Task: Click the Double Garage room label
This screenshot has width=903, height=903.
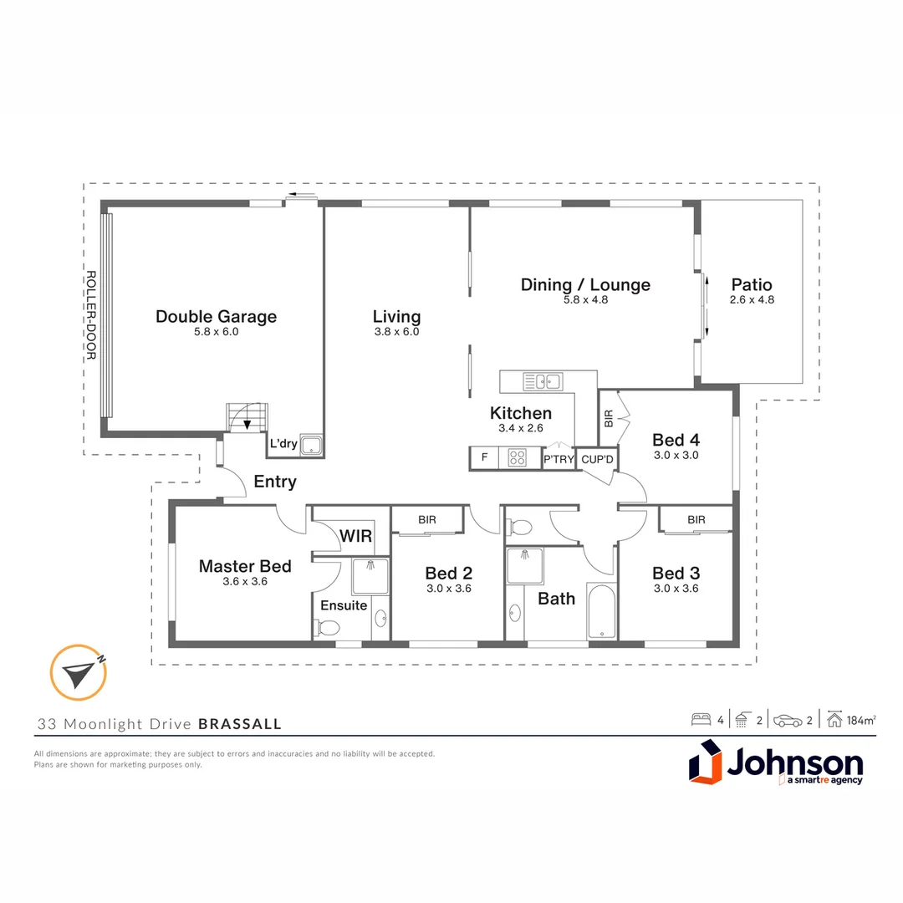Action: coord(216,317)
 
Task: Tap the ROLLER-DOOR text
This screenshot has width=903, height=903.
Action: coord(92,315)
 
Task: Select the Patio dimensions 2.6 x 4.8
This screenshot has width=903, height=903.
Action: coord(751,299)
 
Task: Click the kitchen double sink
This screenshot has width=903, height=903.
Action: coord(542,382)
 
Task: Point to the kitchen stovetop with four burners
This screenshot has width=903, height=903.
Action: coord(518,458)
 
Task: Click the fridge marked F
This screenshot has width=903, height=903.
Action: coord(483,458)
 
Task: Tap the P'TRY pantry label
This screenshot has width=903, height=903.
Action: coord(559,459)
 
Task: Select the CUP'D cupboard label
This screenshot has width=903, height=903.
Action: coord(597,459)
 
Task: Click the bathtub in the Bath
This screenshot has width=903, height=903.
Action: coord(601,612)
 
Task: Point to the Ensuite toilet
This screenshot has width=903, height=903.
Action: coord(327,627)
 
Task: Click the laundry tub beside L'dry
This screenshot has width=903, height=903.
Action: coord(312,446)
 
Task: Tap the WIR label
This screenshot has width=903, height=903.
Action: coord(356,536)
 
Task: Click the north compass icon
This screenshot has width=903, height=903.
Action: coord(78,672)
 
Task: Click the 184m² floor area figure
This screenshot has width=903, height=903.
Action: coord(862,720)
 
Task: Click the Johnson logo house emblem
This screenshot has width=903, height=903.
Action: coord(705,766)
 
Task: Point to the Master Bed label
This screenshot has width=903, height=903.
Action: coord(245,567)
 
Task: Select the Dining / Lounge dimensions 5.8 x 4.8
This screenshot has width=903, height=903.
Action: coord(585,299)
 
